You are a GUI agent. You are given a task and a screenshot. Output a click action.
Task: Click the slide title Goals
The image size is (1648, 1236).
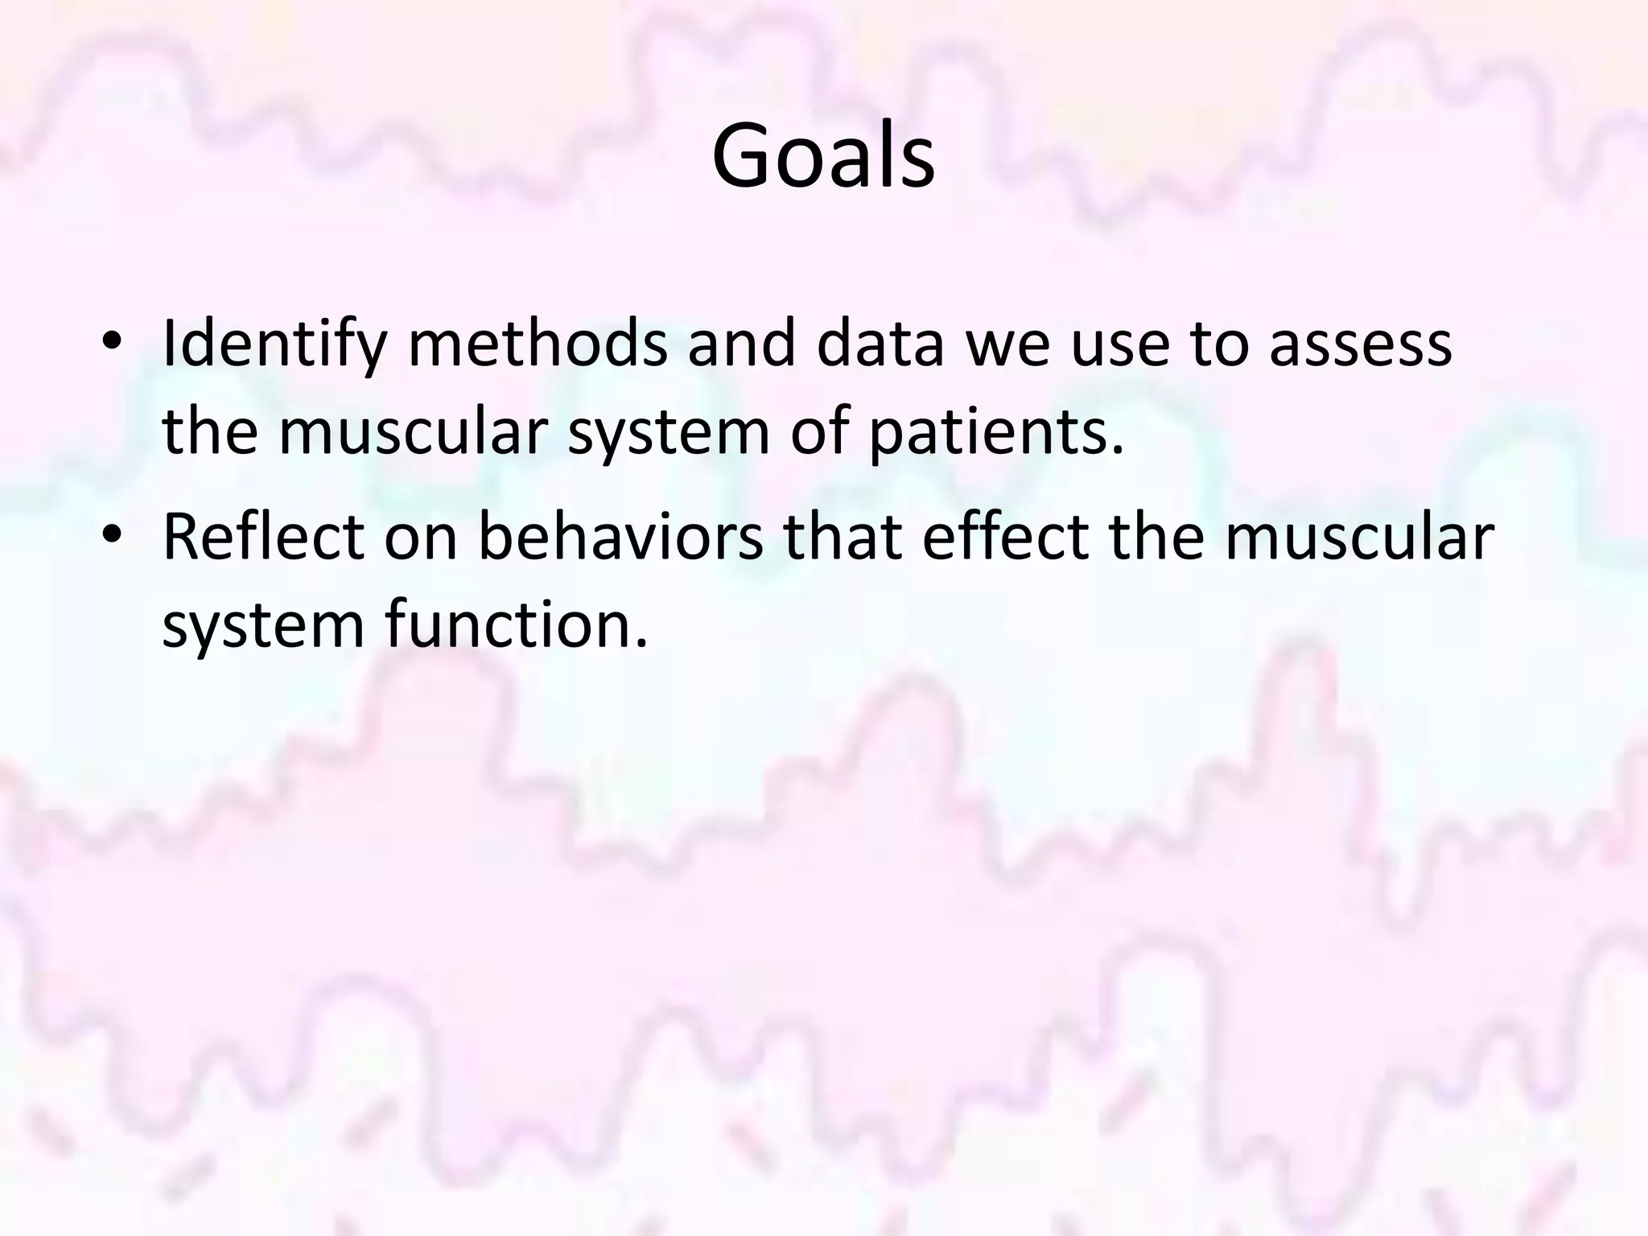[x=823, y=156]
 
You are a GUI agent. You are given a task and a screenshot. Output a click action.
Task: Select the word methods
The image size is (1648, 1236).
[x=538, y=343]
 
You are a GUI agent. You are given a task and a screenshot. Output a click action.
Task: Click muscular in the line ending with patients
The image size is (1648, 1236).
[x=413, y=431]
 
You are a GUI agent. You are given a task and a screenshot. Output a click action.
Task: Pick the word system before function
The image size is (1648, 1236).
[x=263, y=626]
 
